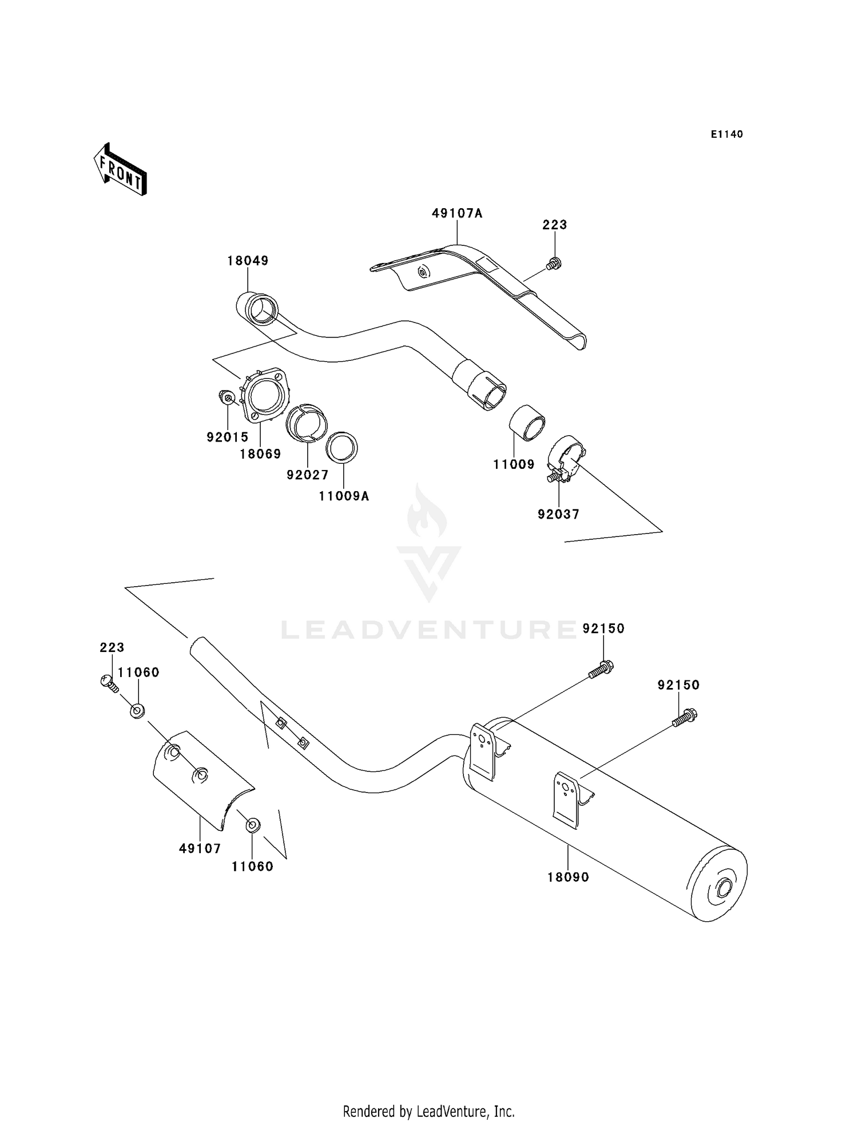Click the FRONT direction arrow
(121, 170)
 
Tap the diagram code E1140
(726, 134)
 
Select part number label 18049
(248, 261)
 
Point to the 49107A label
(457, 213)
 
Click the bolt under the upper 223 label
(553, 264)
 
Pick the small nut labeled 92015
(227, 396)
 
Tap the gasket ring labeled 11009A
(342, 447)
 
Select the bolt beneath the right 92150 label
(685, 717)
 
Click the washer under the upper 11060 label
(137, 711)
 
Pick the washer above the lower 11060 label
(252, 825)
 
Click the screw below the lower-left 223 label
(109, 683)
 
